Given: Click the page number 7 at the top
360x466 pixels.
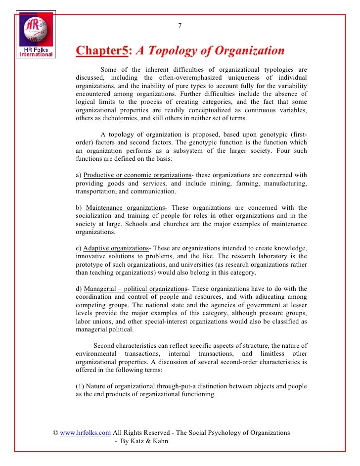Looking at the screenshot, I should click(180, 26).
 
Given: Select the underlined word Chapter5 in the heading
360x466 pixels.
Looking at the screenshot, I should click(102, 51).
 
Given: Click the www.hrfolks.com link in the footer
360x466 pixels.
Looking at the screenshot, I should click(86, 432).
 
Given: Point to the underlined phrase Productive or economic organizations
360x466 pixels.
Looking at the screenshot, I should click(137, 175).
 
